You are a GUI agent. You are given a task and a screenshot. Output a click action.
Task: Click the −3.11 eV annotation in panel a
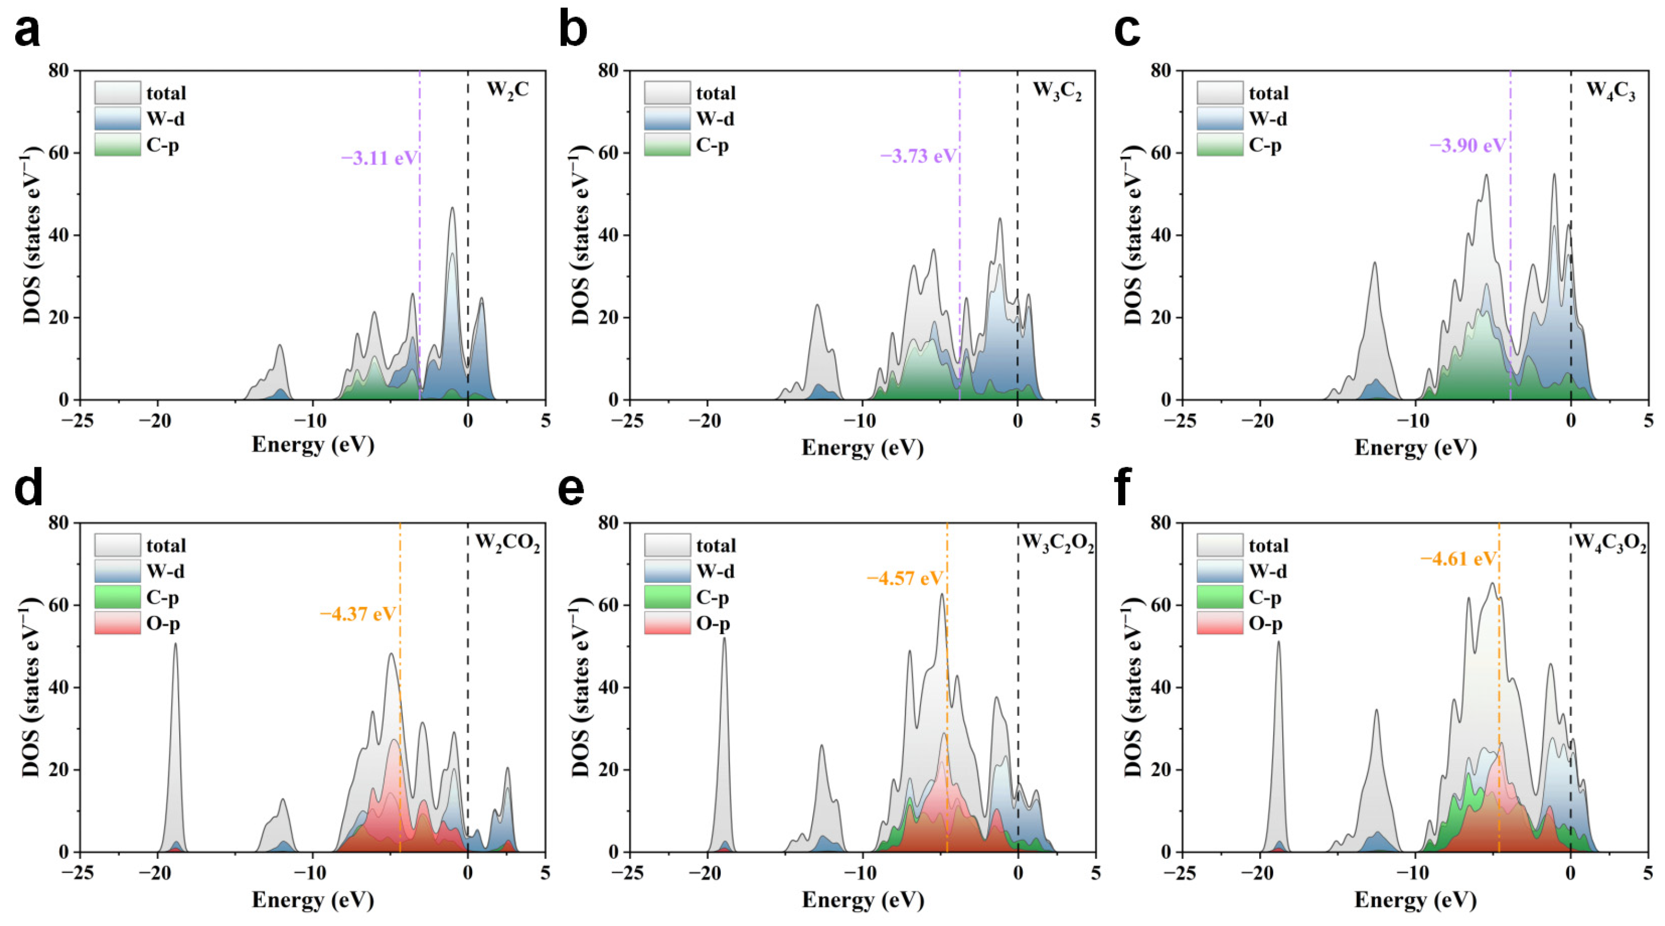(380, 158)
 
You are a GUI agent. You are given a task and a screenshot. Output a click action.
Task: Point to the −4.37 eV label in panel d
(357, 613)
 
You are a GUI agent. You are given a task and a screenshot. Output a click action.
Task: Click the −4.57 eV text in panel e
(905, 578)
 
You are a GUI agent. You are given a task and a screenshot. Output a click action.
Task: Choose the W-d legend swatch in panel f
(1219, 571)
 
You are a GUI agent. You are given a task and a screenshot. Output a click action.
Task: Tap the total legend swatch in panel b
(667, 93)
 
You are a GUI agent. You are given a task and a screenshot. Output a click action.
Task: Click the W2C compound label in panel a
(507, 90)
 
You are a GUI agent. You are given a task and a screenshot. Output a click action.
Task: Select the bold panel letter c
(1127, 30)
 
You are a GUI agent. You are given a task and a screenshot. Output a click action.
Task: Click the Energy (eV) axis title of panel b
(862, 447)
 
